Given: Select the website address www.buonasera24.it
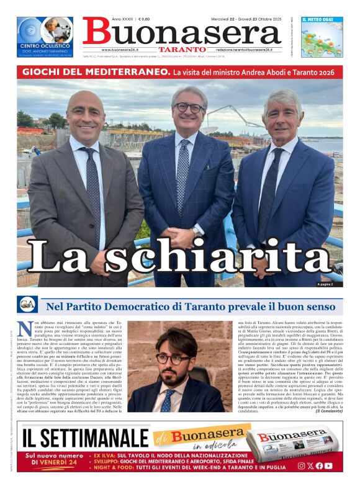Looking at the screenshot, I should pos(124,50).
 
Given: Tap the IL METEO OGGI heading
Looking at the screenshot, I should pos(317,20).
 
